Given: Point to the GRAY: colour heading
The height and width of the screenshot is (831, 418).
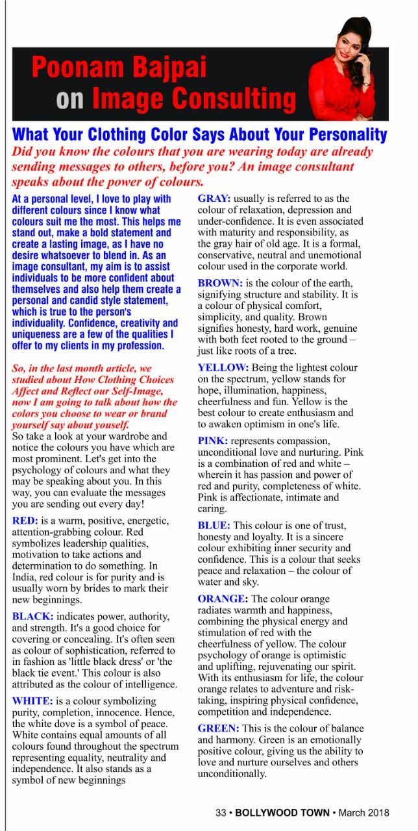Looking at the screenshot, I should [214, 198].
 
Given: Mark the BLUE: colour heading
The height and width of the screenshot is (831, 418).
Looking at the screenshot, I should [214, 525].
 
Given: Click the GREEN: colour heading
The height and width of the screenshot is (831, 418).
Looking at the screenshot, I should [219, 728].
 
